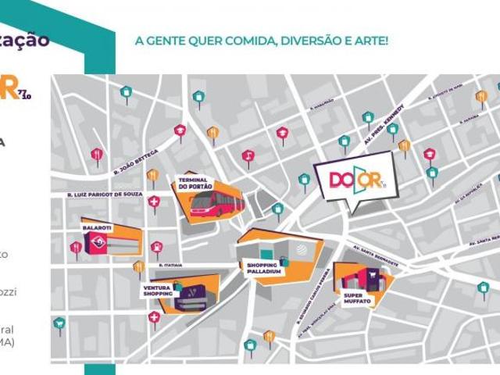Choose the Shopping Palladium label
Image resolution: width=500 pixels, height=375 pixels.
[x=262, y=267]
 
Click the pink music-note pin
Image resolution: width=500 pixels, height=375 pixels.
[x=248, y=156]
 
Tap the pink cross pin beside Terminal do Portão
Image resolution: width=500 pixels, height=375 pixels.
[x=154, y=202]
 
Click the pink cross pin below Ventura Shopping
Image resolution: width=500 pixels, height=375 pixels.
[x=154, y=317]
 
